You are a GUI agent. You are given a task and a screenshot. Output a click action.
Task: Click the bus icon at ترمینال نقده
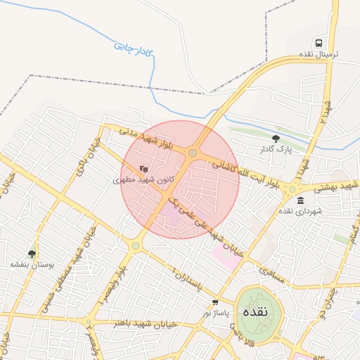[319, 44]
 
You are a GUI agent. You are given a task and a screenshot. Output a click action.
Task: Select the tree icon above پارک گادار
[275, 139]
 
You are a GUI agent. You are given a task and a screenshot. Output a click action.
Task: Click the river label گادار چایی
[133, 47]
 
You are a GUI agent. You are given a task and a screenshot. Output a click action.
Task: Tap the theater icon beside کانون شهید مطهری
[143, 169]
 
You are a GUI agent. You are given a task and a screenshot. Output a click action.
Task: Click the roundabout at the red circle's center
[193, 153]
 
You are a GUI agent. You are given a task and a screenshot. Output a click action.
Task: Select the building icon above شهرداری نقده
[301, 201]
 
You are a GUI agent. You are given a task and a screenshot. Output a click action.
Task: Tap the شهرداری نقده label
[300, 211]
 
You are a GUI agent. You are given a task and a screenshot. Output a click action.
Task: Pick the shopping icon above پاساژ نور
[215, 302]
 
